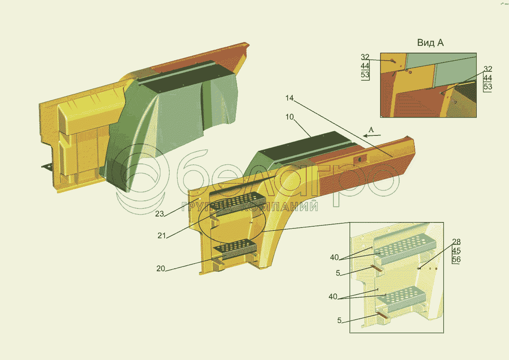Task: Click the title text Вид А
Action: coord(430,43)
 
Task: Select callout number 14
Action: coord(289,98)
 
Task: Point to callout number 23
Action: coord(159,214)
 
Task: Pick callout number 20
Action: coord(160,269)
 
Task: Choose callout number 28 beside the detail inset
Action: coord(456,242)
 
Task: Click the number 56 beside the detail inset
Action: coord(456,260)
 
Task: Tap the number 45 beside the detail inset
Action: coord(456,251)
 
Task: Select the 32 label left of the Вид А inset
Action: coord(365,57)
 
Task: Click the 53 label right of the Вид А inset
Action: coord(488,87)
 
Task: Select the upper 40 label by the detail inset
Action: coord(334,257)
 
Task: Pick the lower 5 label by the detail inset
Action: coord(339,321)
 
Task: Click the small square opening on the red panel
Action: coord(360,159)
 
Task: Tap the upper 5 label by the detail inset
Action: coord(338,273)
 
